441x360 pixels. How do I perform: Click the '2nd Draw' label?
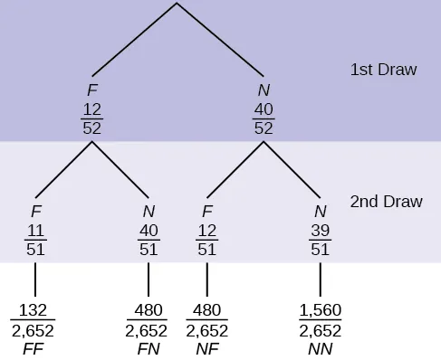(387, 201)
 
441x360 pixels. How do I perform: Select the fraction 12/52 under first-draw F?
(91, 118)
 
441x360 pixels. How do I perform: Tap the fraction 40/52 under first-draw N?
(264, 118)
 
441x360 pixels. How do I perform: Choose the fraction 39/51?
(320, 238)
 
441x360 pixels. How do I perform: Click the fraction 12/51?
(207, 238)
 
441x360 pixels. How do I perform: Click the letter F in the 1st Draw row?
(91, 90)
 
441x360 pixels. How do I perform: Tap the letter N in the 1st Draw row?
(264, 90)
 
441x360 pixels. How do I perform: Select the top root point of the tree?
(177, 4)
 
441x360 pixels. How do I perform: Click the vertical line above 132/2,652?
(34, 279)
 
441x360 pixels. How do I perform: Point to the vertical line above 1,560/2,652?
(320, 279)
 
